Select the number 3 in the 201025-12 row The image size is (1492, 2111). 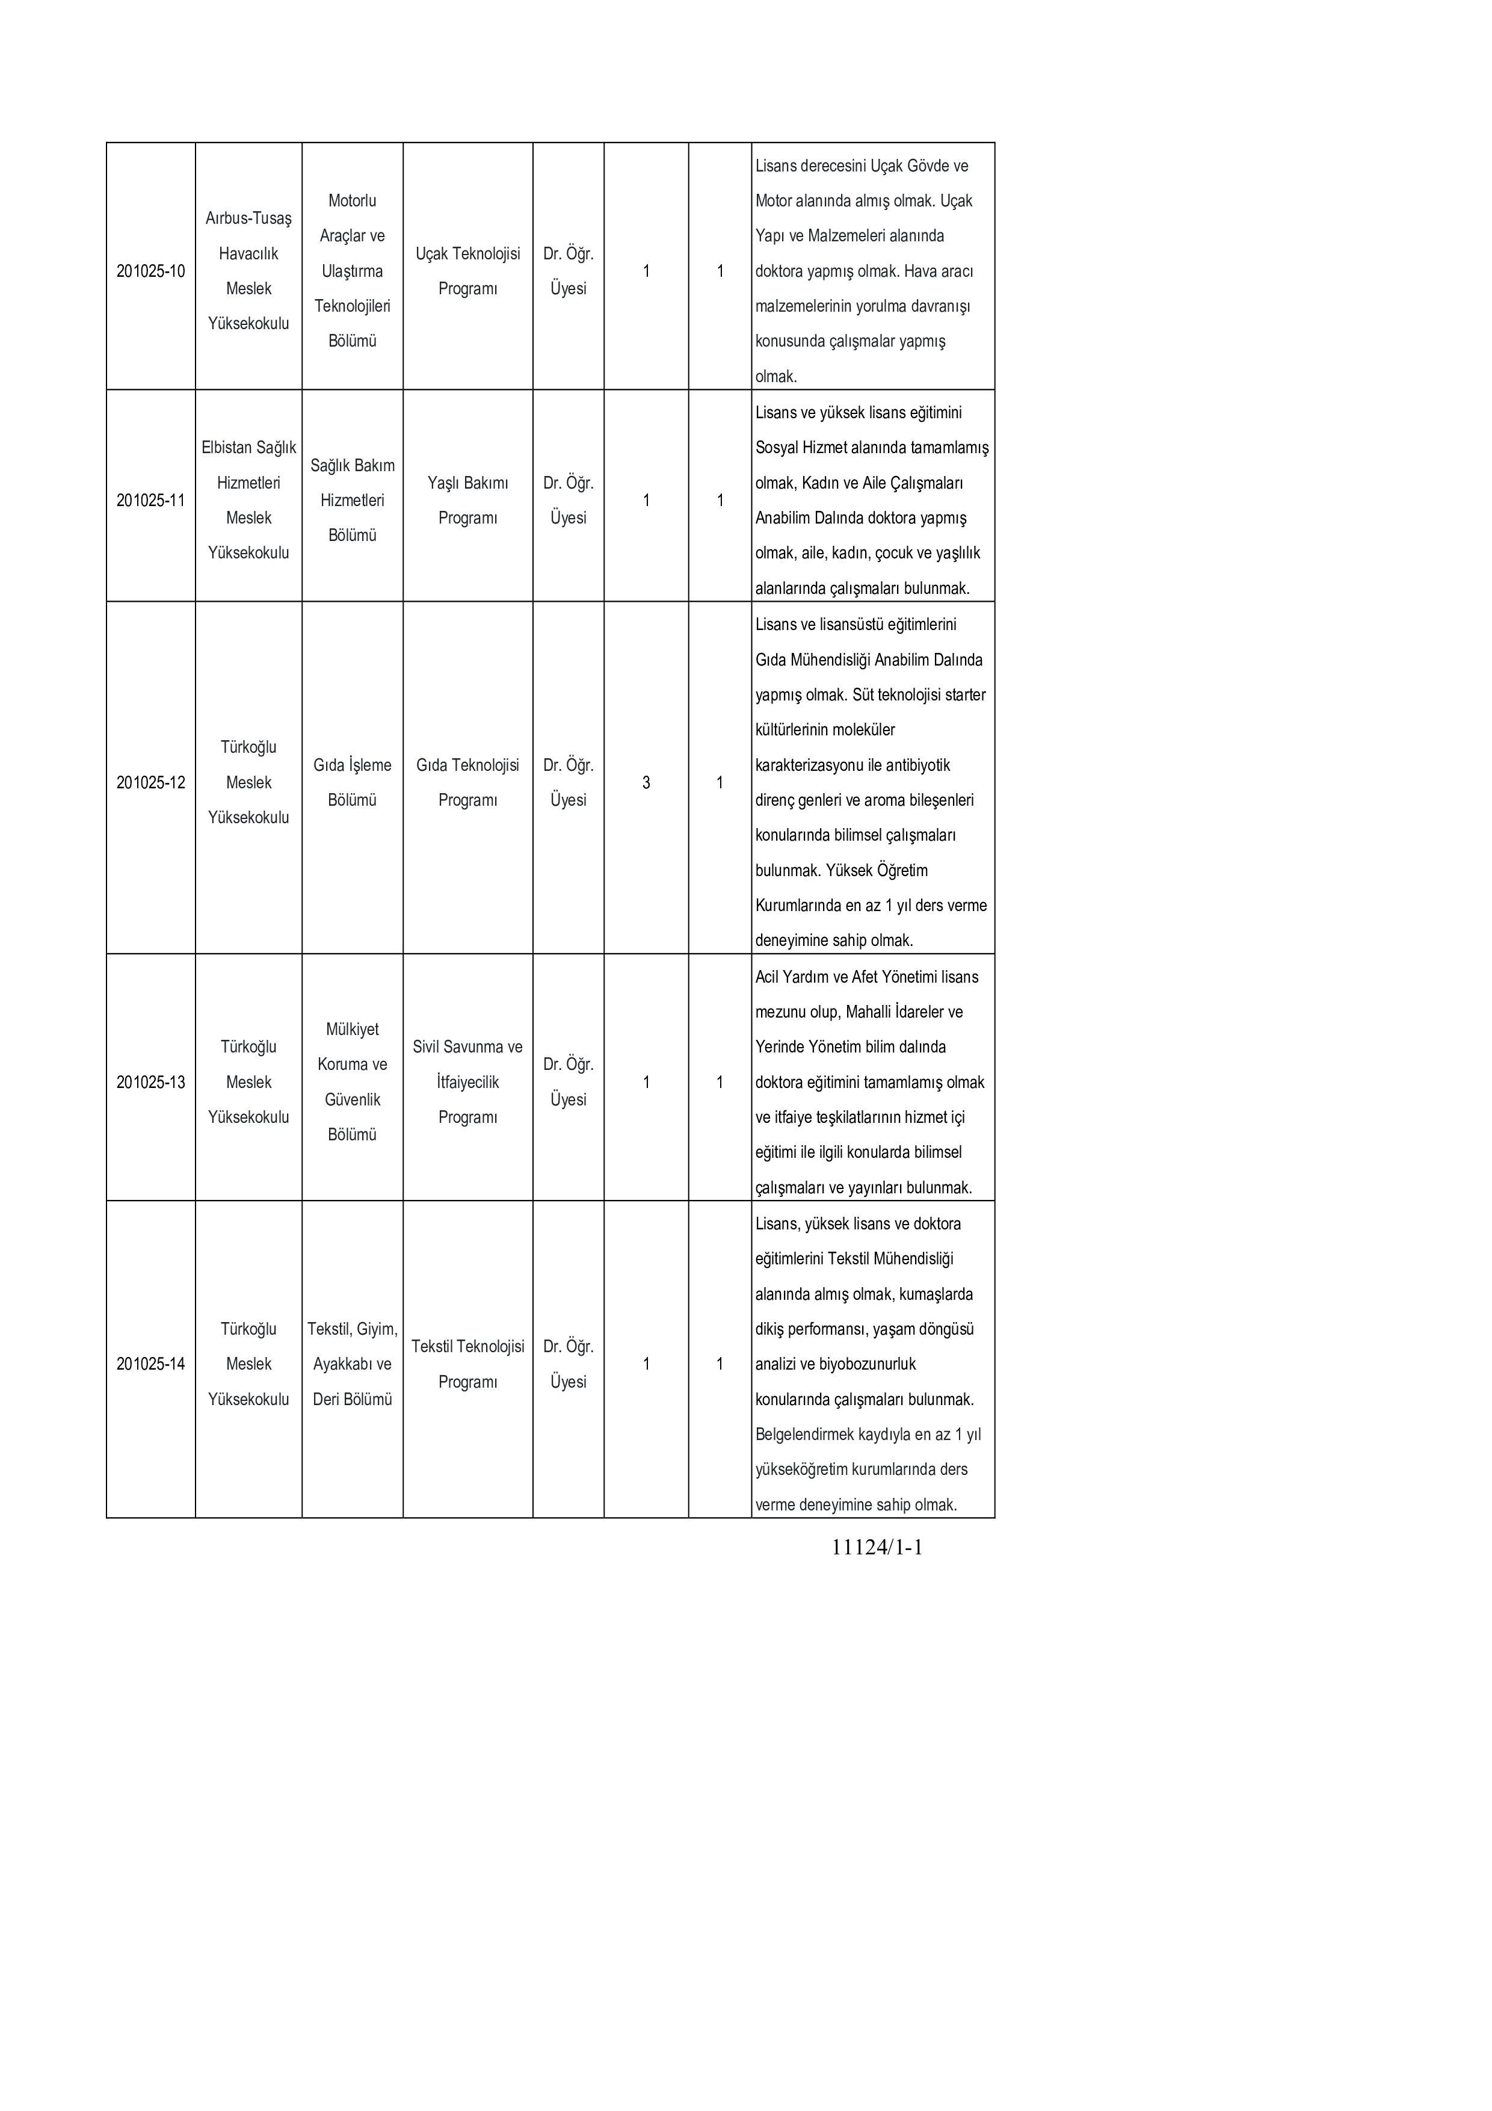tap(646, 782)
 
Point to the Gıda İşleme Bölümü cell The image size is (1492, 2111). tap(352, 782)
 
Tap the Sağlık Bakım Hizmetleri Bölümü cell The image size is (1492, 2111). tap(352, 500)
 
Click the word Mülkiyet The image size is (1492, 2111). tap(352, 1030)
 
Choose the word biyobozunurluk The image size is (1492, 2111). tap(867, 1364)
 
